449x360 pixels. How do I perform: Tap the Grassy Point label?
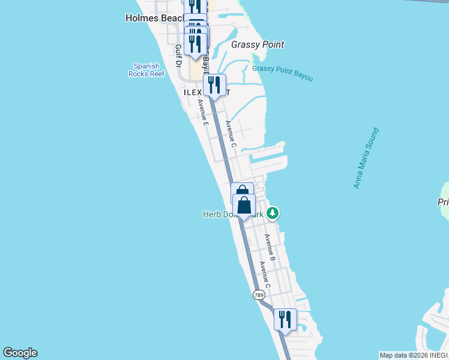[x=258, y=44]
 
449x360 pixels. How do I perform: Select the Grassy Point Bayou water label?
[x=282, y=73]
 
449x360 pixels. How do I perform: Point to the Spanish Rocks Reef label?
[x=146, y=70]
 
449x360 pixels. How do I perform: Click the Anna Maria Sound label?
[x=366, y=158]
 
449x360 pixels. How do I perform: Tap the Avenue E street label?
[x=203, y=112]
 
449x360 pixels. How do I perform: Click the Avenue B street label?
[x=270, y=246]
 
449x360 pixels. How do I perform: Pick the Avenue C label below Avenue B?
[x=265, y=275]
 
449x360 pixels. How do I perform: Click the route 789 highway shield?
[x=258, y=295]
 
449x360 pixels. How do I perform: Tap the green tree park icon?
[x=273, y=212]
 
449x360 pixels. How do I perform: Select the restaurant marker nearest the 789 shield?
[x=285, y=319]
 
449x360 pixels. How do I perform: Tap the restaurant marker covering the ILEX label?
[x=214, y=86]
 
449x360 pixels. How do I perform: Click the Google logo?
[x=20, y=353]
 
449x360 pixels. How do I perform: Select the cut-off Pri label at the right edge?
[x=443, y=203]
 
